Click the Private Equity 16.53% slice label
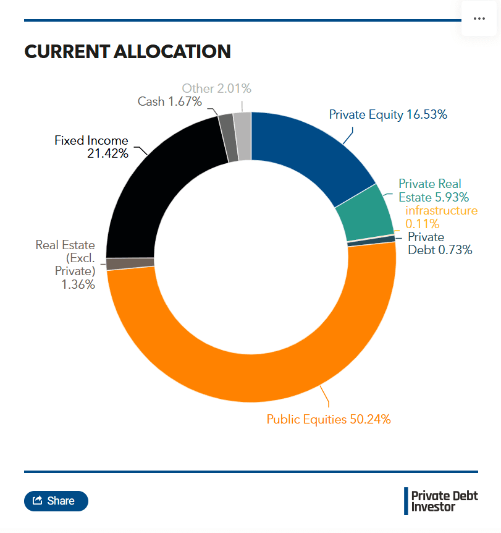(388, 115)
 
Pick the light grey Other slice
(243, 136)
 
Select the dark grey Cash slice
(228, 139)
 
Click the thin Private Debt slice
(371, 241)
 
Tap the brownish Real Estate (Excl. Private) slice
(130, 264)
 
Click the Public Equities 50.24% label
(329, 419)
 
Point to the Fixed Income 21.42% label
(91, 147)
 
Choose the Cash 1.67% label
(169, 101)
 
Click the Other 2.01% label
(216, 88)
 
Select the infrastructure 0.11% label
(441, 217)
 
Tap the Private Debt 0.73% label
(440, 244)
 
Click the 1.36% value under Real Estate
(78, 284)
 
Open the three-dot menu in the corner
(479, 19)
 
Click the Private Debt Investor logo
(441, 501)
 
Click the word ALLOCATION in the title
(172, 52)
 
